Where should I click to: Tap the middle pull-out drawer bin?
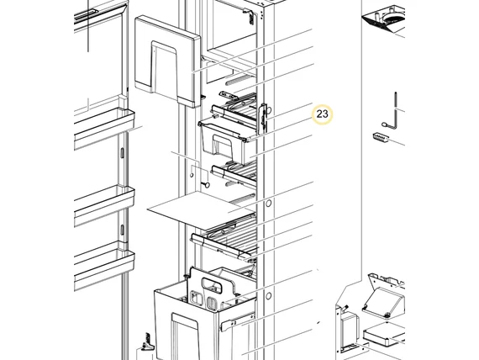tap(225, 140)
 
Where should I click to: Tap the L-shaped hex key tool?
tap(393, 113)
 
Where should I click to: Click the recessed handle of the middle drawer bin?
tap(224, 149)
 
